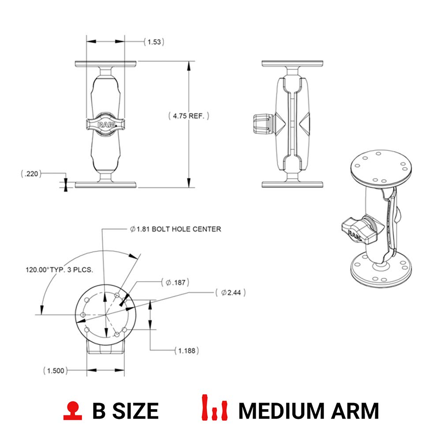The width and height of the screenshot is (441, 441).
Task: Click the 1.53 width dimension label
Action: (154, 42)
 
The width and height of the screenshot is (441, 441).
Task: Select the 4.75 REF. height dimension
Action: (189, 116)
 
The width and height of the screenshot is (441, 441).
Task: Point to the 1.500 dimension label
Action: (56, 370)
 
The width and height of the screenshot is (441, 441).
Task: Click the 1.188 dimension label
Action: (186, 351)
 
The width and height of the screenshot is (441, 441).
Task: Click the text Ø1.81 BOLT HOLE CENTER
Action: (175, 229)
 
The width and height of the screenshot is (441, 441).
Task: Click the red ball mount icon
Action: (73, 410)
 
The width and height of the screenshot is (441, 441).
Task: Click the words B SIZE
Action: (125, 411)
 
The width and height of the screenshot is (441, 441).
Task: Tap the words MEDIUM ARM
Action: (308, 411)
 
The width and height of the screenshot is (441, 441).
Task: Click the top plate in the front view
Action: (106, 64)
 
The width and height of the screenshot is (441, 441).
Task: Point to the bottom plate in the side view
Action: (292, 184)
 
